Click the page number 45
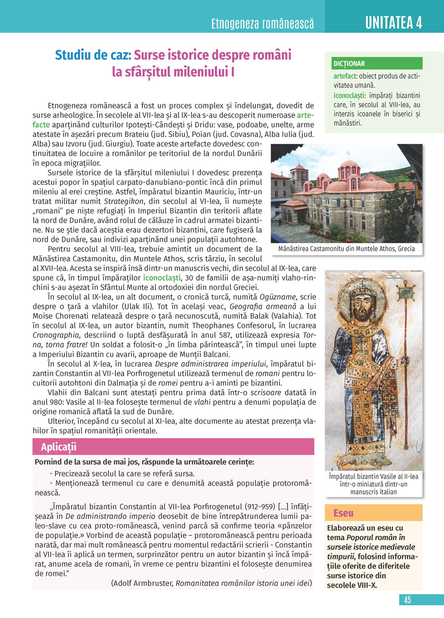tap(407, 600)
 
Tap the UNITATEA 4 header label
tap(393, 22)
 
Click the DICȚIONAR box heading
tap(349, 64)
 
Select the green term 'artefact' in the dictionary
tap(345, 76)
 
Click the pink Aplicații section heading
tap(59, 447)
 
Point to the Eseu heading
tap(343, 513)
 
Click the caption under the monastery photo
tap(346, 249)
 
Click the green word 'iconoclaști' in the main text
tap(162, 278)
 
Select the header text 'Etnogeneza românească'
tap(262, 23)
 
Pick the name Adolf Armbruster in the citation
tap(143, 583)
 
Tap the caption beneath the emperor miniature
tap(373, 484)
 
